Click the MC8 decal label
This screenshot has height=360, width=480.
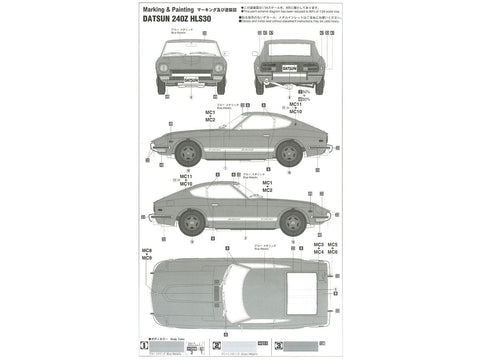[146, 250]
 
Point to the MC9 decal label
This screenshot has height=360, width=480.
[146, 258]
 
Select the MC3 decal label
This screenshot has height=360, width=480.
[318, 244]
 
